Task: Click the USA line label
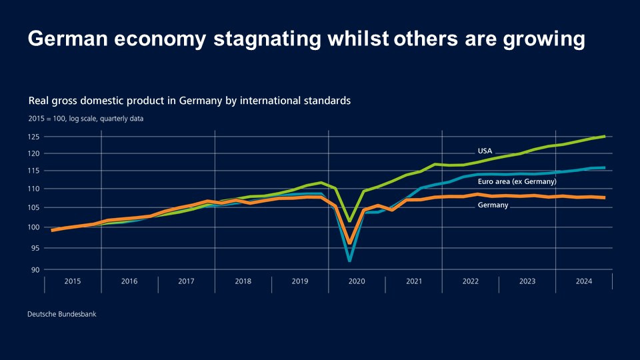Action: click(485, 151)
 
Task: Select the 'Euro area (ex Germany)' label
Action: click(517, 181)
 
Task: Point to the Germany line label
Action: click(493, 205)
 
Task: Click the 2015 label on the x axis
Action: click(73, 282)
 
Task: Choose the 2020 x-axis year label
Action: click(357, 282)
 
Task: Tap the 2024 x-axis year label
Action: click(584, 282)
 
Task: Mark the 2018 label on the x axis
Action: click(243, 282)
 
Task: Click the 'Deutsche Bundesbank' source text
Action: click(62, 313)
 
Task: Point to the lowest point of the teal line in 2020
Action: click(349, 260)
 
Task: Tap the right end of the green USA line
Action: click(604, 137)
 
